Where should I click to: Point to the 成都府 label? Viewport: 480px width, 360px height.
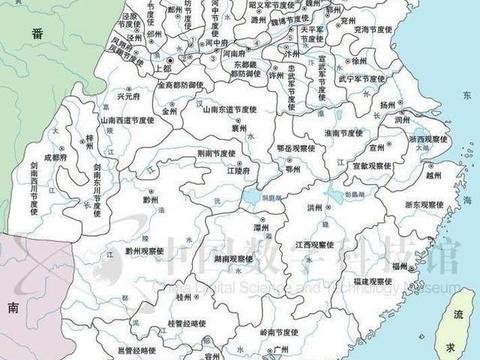point(54,157)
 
